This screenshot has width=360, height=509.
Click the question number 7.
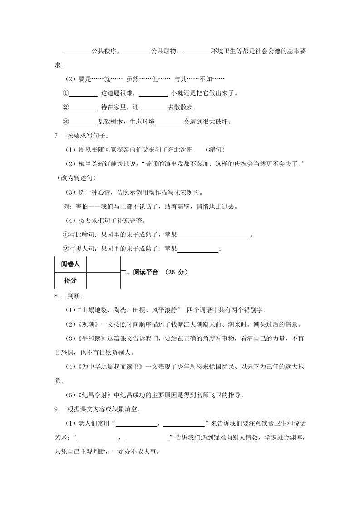(56, 136)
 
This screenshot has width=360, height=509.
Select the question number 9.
(56, 410)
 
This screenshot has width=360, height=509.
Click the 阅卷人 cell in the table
(70, 264)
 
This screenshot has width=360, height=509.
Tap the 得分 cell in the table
(70, 281)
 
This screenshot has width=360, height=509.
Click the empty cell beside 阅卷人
(103, 264)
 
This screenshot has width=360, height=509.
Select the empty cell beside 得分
(103, 281)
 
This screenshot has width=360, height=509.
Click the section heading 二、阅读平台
(140, 272)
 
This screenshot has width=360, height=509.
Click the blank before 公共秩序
(76, 52)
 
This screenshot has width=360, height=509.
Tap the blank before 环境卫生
(196, 52)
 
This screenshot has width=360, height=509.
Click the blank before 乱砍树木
(84, 122)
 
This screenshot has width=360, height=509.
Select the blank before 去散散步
(153, 108)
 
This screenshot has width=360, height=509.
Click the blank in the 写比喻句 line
(213, 235)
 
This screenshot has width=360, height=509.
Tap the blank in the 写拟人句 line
(197, 249)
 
